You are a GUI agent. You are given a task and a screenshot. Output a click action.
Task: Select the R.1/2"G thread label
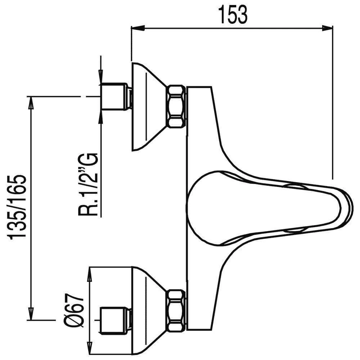[88, 184]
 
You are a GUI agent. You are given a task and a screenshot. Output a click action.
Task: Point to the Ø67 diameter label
[75, 311]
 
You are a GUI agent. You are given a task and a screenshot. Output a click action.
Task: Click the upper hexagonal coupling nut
[176, 106]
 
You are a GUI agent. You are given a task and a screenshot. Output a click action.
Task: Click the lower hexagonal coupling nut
[176, 311]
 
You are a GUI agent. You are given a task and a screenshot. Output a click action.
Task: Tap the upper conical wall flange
[149, 107]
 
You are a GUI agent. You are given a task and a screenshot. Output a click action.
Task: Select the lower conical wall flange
[149, 311]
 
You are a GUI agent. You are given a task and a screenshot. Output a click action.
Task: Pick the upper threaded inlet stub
[116, 96]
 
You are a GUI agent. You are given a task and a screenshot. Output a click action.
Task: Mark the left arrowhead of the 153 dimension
[138, 28]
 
